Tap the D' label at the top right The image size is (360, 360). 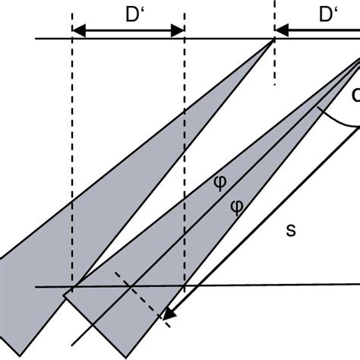(x=328, y=14)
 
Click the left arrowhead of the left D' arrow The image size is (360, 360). (x=78, y=30)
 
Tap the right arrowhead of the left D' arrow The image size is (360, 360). (x=177, y=30)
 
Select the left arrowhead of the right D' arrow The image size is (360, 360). (x=281, y=30)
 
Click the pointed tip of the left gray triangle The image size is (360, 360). (x=273, y=42)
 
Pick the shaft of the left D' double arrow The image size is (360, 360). (x=128, y=30)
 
